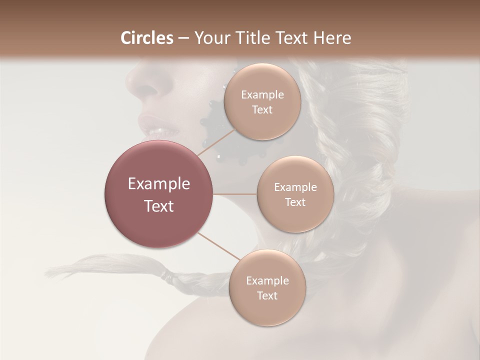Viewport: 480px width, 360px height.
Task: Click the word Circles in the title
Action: pyautogui.click(x=147, y=38)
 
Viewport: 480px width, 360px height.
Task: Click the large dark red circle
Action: pyautogui.click(x=159, y=194)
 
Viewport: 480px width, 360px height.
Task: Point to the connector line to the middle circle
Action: pyautogui.click(x=235, y=194)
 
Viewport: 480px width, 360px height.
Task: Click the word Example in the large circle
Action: pyautogui.click(x=159, y=184)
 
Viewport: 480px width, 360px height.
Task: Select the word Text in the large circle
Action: pyautogui.click(x=159, y=206)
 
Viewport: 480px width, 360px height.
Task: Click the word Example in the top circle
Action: pyautogui.click(x=262, y=95)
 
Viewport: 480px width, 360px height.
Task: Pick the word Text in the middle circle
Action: pyautogui.click(x=295, y=202)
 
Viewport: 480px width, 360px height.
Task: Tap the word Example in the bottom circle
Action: pyautogui.click(x=267, y=281)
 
